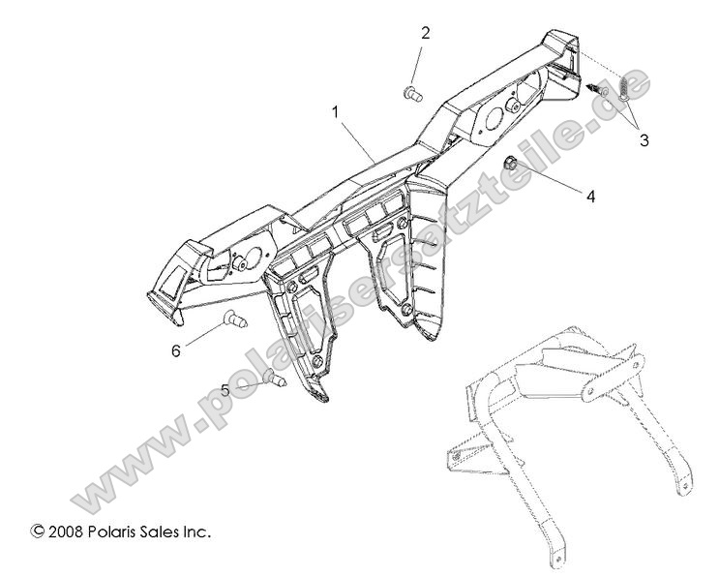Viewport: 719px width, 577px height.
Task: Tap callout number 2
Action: [425, 33]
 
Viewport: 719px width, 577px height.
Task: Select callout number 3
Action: [644, 140]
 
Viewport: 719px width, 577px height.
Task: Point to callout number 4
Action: [588, 194]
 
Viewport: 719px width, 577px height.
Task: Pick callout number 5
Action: [225, 390]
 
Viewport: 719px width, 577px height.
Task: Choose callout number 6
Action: [175, 350]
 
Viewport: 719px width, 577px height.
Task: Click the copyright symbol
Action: [38, 531]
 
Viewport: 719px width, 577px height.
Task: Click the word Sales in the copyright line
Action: [164, 531]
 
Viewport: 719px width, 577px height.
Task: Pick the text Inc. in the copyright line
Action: [198, 531]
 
